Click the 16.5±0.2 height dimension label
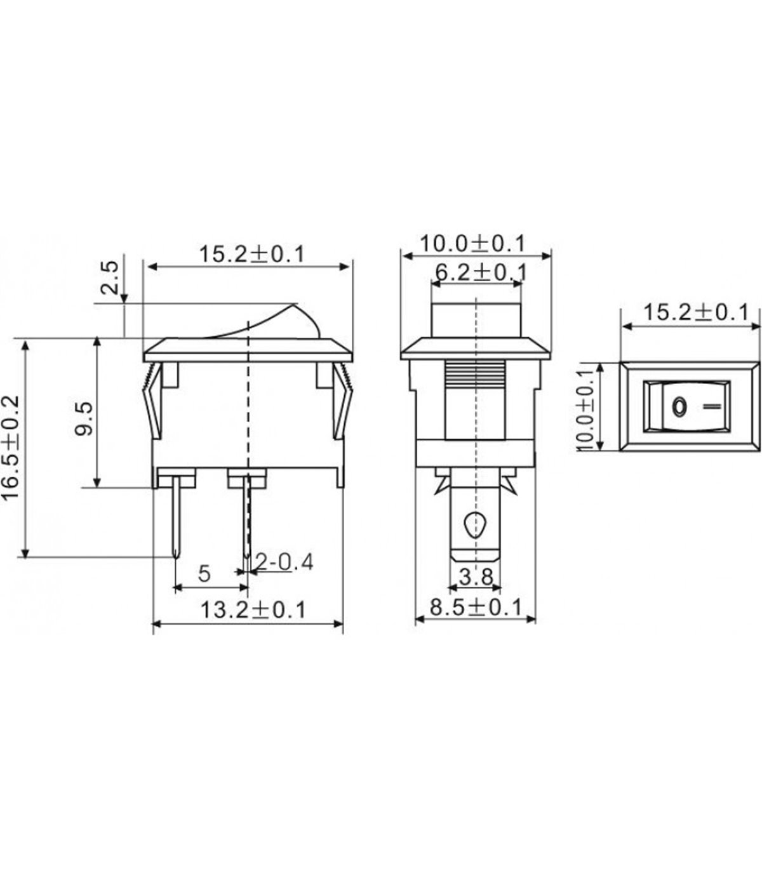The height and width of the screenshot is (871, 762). coord(11,447)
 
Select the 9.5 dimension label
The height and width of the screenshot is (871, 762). coord(84,419)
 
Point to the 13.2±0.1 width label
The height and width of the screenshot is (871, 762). coord(253,610)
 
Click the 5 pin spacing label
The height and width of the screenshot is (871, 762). coord(204,573)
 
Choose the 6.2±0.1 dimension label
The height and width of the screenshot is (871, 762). coord(479,272)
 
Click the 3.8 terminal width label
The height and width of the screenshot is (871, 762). coord(476,577)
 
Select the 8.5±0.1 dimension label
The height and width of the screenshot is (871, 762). coord(476,607)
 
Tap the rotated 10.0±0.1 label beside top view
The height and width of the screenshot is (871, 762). coord(585,410)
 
